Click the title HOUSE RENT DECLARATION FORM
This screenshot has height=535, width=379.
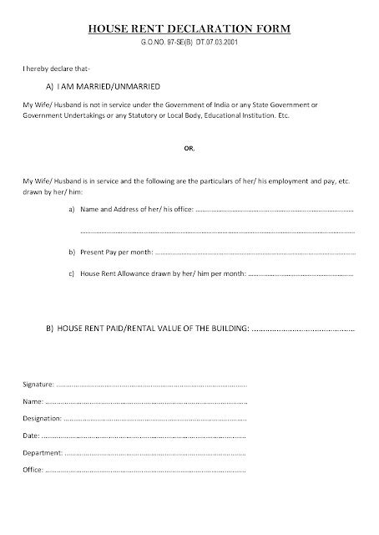click(x=189, y=28)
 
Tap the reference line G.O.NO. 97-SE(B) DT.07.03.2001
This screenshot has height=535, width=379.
click(x=189, y=41)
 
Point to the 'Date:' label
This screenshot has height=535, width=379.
click(x=29, y=436)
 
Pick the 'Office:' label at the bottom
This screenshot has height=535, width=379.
click(x=32, y=471)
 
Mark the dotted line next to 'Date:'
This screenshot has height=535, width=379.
click(x=142, y=436)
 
